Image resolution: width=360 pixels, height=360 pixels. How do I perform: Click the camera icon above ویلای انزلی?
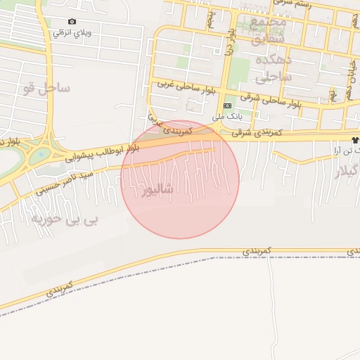[x=72, y=22]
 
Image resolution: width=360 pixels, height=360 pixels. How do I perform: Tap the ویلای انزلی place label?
[x=73, y=33]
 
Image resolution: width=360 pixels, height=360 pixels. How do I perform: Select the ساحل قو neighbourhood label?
[x=46, y=88]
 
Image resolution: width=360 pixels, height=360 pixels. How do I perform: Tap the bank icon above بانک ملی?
[x=226, y=106]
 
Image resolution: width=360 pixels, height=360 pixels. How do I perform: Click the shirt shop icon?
[x=356, y=141]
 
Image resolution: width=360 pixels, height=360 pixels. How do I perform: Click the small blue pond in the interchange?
[x=40, y=153]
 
